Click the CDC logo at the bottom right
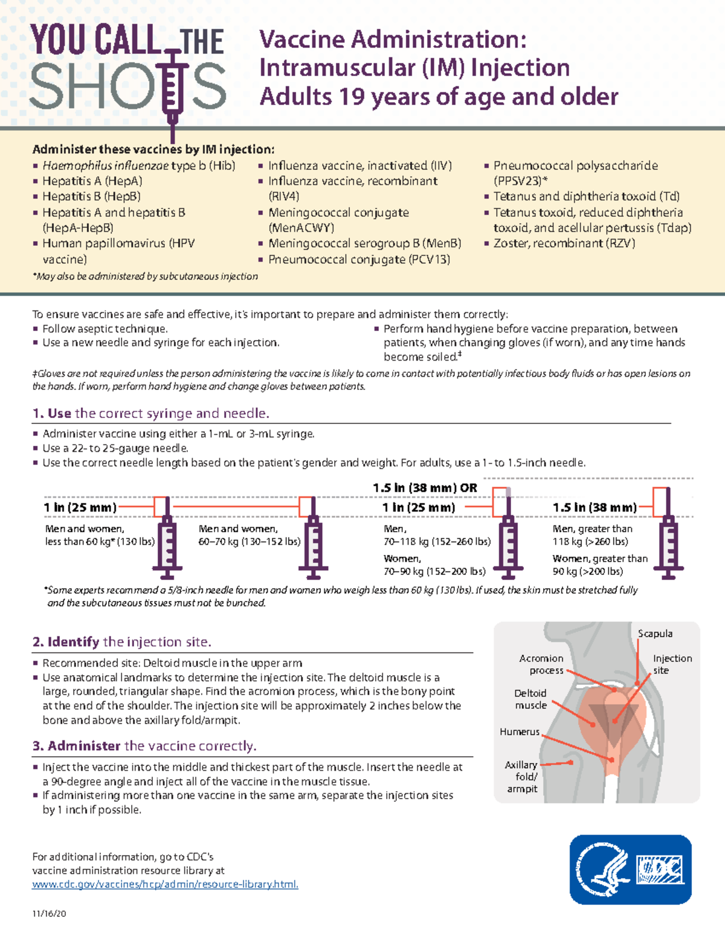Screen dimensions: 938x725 tap(630, 870)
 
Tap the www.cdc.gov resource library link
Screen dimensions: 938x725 tap(165, 884)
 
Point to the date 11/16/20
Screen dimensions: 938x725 tap(49, 913)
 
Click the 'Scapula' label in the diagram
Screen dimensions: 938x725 tap(655, 634)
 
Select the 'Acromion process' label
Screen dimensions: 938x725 tap(541, 664)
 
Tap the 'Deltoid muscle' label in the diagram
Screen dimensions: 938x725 tap(530, 699)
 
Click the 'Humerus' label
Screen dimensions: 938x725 tap(519, 731)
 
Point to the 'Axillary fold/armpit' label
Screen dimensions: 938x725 tap(521, 777)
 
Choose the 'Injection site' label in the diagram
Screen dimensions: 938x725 tap(672, 664)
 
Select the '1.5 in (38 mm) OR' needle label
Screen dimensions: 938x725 tap(425, 487)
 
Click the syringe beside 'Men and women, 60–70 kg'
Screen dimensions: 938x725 tap(313, 541)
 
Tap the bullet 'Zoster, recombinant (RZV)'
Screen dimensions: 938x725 tap(564, 243)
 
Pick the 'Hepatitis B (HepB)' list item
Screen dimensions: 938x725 tap(91, 196)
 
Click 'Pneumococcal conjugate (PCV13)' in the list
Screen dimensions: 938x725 tap(359, 260)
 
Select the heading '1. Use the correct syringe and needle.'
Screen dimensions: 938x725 tap(150, 413)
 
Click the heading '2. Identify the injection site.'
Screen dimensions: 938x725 tap(121, 641)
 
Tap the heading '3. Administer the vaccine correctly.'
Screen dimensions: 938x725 tap(144, 746)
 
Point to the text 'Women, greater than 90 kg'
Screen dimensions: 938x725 tap(599, 565)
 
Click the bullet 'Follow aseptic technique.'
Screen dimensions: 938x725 tap(105, 329)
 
